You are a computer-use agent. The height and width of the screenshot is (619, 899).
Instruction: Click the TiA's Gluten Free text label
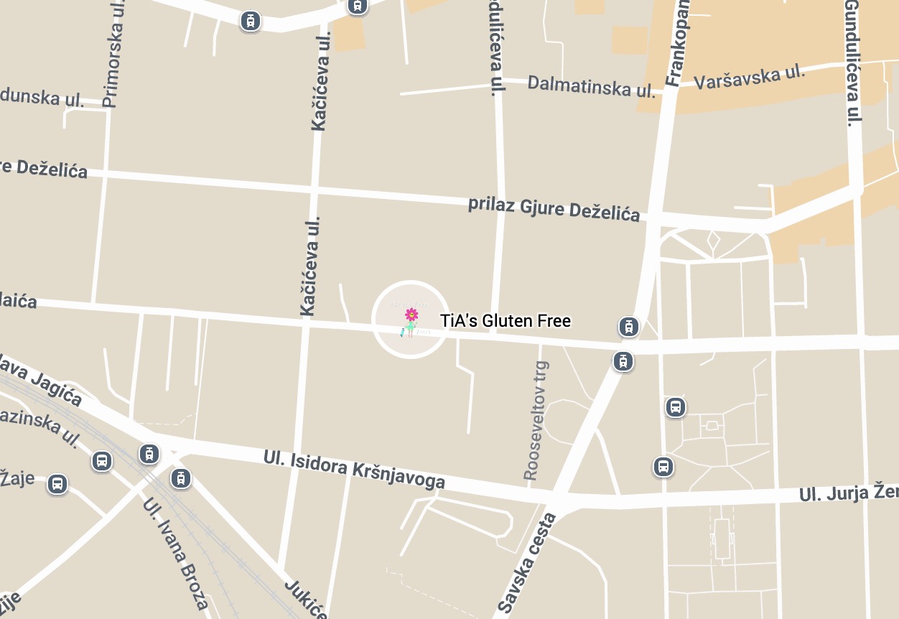[506, 321]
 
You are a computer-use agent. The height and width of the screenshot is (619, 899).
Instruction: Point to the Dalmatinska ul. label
[591, 86]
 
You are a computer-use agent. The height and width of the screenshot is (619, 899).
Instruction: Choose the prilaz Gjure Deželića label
[554, 207]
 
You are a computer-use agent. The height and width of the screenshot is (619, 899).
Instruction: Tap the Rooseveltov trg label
[535, 420]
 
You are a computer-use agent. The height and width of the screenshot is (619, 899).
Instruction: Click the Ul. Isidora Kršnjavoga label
[354, 470]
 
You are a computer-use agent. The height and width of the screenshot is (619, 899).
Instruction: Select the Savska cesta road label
[527, 564]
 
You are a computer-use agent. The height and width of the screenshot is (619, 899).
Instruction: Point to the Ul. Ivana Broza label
[176, 553]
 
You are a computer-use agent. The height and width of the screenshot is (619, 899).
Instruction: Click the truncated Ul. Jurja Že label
[848, 494]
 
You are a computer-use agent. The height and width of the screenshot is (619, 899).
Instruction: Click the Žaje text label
[17, 477]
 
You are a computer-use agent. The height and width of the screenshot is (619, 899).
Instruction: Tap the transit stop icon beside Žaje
[57, 483]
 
